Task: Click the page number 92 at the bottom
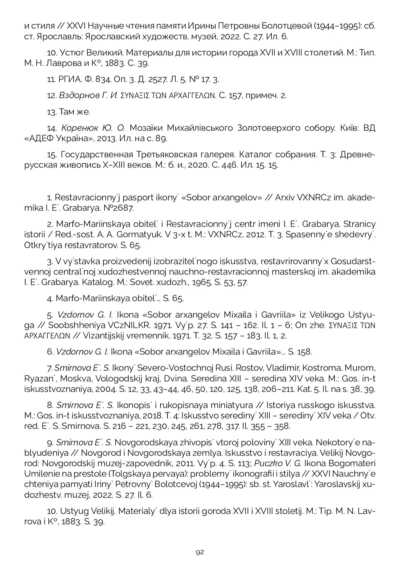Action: click(200, 552)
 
